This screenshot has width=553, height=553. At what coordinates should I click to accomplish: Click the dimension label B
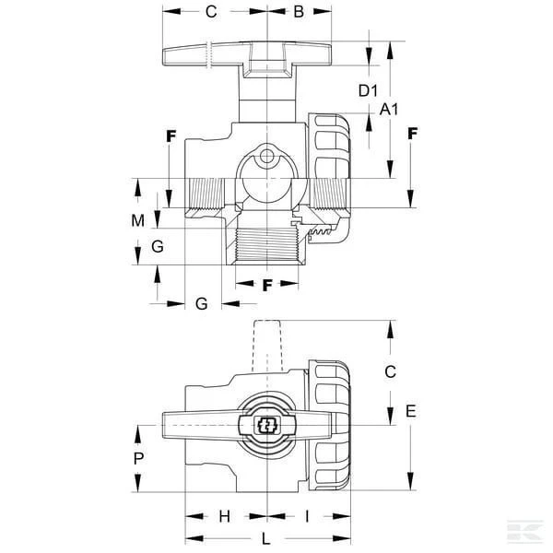(x=299, y=12)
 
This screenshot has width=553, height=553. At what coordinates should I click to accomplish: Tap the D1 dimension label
(x=368, y=90)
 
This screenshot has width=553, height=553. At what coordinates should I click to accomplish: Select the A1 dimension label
(x=389, y=110)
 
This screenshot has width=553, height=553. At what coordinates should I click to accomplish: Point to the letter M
(x=138, y=221)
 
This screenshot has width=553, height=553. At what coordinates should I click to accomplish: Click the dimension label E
(x=411, y=411)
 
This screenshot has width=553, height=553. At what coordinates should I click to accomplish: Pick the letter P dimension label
(x=138, y=458)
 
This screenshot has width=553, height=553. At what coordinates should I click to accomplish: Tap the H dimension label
(x=225, y=517)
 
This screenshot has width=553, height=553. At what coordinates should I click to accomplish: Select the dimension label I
(x=307, y=517)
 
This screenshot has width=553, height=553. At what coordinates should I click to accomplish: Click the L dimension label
(x=266, y=538)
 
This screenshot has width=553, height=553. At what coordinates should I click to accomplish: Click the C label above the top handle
(x=211, y=12)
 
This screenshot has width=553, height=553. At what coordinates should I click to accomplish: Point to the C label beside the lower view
(x=391, y=371)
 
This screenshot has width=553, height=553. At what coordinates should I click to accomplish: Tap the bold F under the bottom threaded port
(x=267, y=285)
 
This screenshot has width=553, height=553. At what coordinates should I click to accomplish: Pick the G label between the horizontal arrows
(x=201, y=303)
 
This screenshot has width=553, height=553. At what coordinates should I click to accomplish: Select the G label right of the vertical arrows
(x=158, y=246)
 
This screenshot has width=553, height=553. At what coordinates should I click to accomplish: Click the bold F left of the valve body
(x=171, y=136)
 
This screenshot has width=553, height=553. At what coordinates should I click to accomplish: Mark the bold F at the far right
(x=413, y=134)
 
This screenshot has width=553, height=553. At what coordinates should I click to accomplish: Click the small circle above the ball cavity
(x=267, y=156)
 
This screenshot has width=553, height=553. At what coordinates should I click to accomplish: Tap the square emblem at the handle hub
(x=267, y=425)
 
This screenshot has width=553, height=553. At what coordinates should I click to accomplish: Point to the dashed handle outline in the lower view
(x=267, y=346)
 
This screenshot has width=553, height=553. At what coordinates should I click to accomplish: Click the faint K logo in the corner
(x=525, y=531)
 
